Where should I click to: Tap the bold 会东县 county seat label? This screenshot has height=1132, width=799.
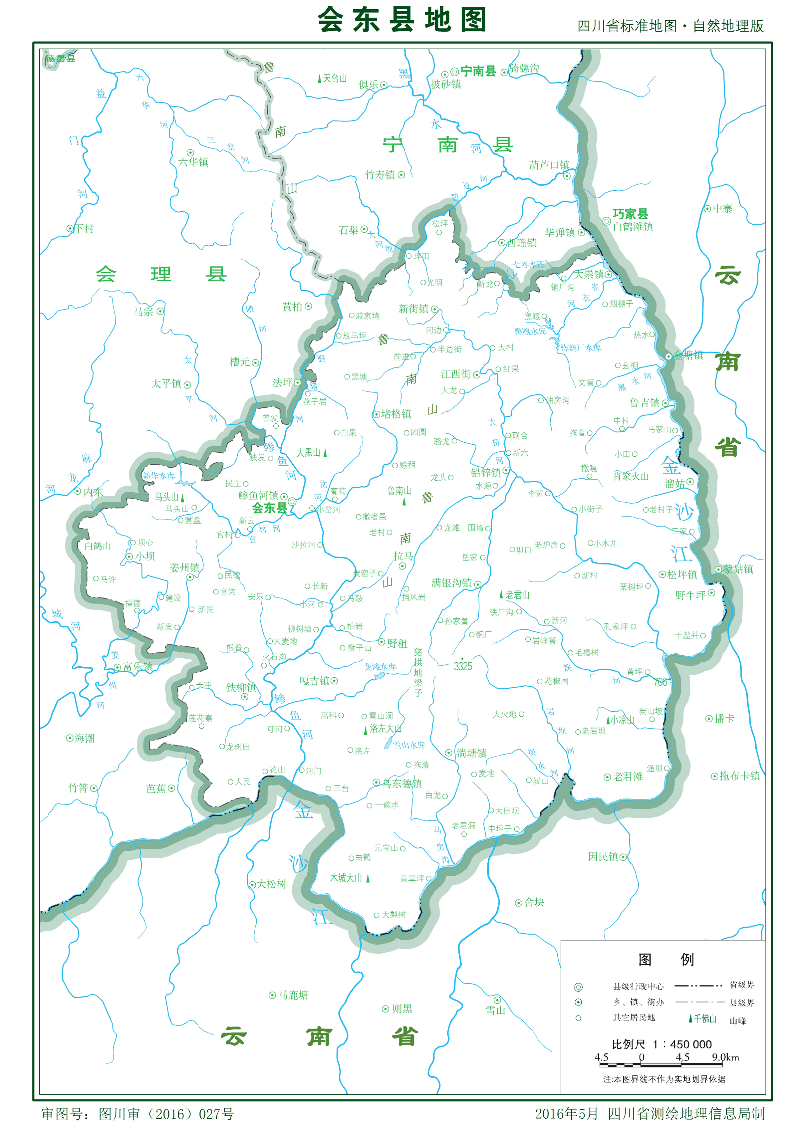[269, 508]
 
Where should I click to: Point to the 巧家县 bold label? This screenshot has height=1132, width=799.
[630, 213]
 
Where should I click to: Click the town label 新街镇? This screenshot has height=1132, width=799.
[413, 309]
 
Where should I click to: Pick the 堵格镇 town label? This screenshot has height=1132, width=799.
[396, 414]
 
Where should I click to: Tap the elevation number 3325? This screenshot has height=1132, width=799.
[463, 667]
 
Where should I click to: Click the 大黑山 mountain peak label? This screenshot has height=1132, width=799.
[308, 452]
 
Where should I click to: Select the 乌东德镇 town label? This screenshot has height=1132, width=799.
[402, 784]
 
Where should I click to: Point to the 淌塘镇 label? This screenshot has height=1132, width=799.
[471, 753]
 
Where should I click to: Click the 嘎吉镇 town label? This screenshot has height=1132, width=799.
[314, 681]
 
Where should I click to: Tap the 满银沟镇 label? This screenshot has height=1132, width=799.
[451, 583]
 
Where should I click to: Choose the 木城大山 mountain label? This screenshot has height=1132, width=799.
[346, 878]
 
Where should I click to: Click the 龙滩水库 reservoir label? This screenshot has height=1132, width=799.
[380, 667]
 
